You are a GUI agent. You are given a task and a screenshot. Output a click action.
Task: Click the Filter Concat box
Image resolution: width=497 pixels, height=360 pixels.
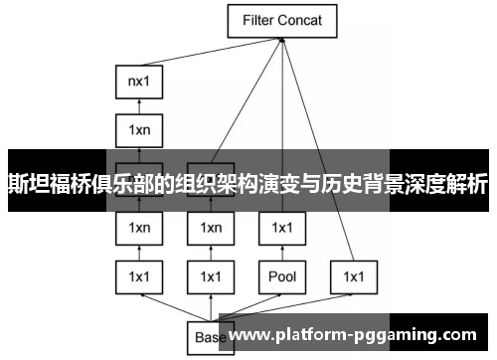(283, 19)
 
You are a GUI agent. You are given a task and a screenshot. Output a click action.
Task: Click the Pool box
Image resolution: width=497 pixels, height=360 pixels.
(282, 275)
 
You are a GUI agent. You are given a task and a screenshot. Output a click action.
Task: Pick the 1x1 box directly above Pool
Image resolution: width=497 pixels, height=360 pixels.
(282, 228)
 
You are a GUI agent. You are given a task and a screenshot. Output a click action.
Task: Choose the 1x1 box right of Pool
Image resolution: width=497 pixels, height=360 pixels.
(354, 275)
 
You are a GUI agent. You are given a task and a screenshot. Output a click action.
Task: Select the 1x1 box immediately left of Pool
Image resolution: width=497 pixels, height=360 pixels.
(211, 275)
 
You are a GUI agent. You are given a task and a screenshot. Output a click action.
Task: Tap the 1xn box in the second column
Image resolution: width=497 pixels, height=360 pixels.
(211, 228)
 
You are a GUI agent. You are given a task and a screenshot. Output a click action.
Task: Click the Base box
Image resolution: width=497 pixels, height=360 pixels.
(209, 337)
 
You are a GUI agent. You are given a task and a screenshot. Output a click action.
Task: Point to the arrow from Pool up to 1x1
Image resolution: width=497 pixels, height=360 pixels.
(282, 252)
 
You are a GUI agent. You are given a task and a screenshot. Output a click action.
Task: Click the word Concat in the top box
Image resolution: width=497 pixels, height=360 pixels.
(305, 19)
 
